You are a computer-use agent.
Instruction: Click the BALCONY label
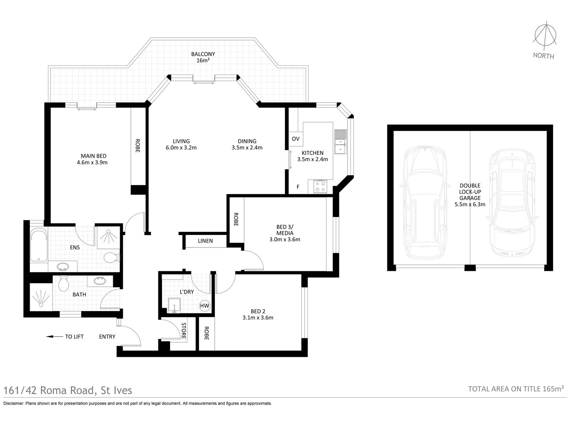203,54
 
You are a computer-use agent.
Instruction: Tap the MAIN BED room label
93,156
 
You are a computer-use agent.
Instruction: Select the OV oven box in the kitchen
295,139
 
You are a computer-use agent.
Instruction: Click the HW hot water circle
204,306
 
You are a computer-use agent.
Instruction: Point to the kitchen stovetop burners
320,186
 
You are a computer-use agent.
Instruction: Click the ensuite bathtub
39,245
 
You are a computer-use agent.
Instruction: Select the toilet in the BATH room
64,283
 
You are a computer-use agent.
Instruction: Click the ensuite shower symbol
109,237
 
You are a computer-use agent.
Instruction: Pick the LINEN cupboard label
205,241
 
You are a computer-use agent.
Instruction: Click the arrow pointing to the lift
54,337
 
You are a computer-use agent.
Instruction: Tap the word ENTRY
107,337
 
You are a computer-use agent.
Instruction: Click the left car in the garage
424,202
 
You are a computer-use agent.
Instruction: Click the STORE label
184,331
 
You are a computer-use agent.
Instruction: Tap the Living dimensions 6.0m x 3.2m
181,148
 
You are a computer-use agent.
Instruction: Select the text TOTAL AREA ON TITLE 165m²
516,389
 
